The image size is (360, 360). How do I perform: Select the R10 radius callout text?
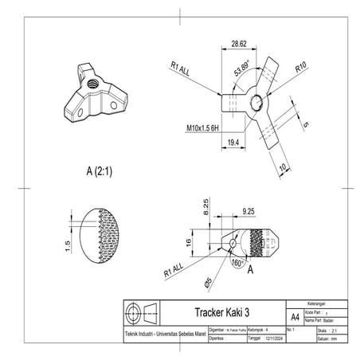pyautogui.click(x=300, y=70)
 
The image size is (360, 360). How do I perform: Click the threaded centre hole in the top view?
pyautogui.click(x=256, y=100)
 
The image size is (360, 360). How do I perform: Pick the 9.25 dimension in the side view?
pyautogui.click(x=249, y=211)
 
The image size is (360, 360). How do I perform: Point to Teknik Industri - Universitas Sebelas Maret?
pyautogui.click(x=163, y=332)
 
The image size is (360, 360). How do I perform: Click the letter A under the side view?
pyautogui.click(x=251, y=268)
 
